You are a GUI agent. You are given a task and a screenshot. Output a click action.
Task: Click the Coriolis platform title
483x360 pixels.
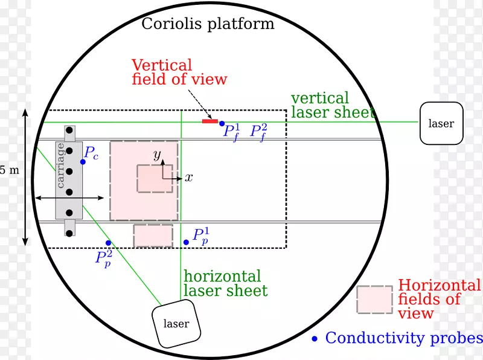[207, 24]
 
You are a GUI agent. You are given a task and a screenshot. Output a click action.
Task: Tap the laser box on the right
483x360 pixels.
[441, 123]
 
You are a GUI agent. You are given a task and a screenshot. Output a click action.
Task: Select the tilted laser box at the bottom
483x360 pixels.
[176, 324]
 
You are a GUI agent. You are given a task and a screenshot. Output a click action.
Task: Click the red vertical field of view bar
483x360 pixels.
[210, 121]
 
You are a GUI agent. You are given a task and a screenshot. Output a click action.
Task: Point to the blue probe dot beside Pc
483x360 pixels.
[83, 161]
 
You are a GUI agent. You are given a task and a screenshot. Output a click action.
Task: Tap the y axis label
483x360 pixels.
[157, 155]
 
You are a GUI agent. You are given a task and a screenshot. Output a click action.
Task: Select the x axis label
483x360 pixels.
[188, 178]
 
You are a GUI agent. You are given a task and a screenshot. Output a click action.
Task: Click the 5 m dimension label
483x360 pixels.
[10, 170]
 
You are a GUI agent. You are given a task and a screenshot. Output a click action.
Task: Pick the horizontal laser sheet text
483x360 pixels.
[225, 284]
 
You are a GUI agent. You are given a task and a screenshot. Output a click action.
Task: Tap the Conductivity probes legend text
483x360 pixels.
[404, 338]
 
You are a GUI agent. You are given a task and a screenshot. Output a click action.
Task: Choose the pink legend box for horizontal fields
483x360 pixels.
[374, 300]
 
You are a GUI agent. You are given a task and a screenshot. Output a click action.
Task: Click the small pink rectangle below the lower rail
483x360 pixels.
[153, 236]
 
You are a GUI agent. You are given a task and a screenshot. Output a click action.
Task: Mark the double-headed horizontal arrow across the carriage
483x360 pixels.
[69, 198]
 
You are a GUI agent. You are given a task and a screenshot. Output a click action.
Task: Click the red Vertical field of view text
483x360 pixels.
[179, 72]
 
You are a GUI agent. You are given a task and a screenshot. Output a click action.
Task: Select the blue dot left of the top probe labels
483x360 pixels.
[222, 123]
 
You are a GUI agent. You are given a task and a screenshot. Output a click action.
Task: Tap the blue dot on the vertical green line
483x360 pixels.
[186, 242]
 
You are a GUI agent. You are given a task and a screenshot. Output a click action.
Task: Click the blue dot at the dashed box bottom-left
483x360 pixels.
[108, 243]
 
